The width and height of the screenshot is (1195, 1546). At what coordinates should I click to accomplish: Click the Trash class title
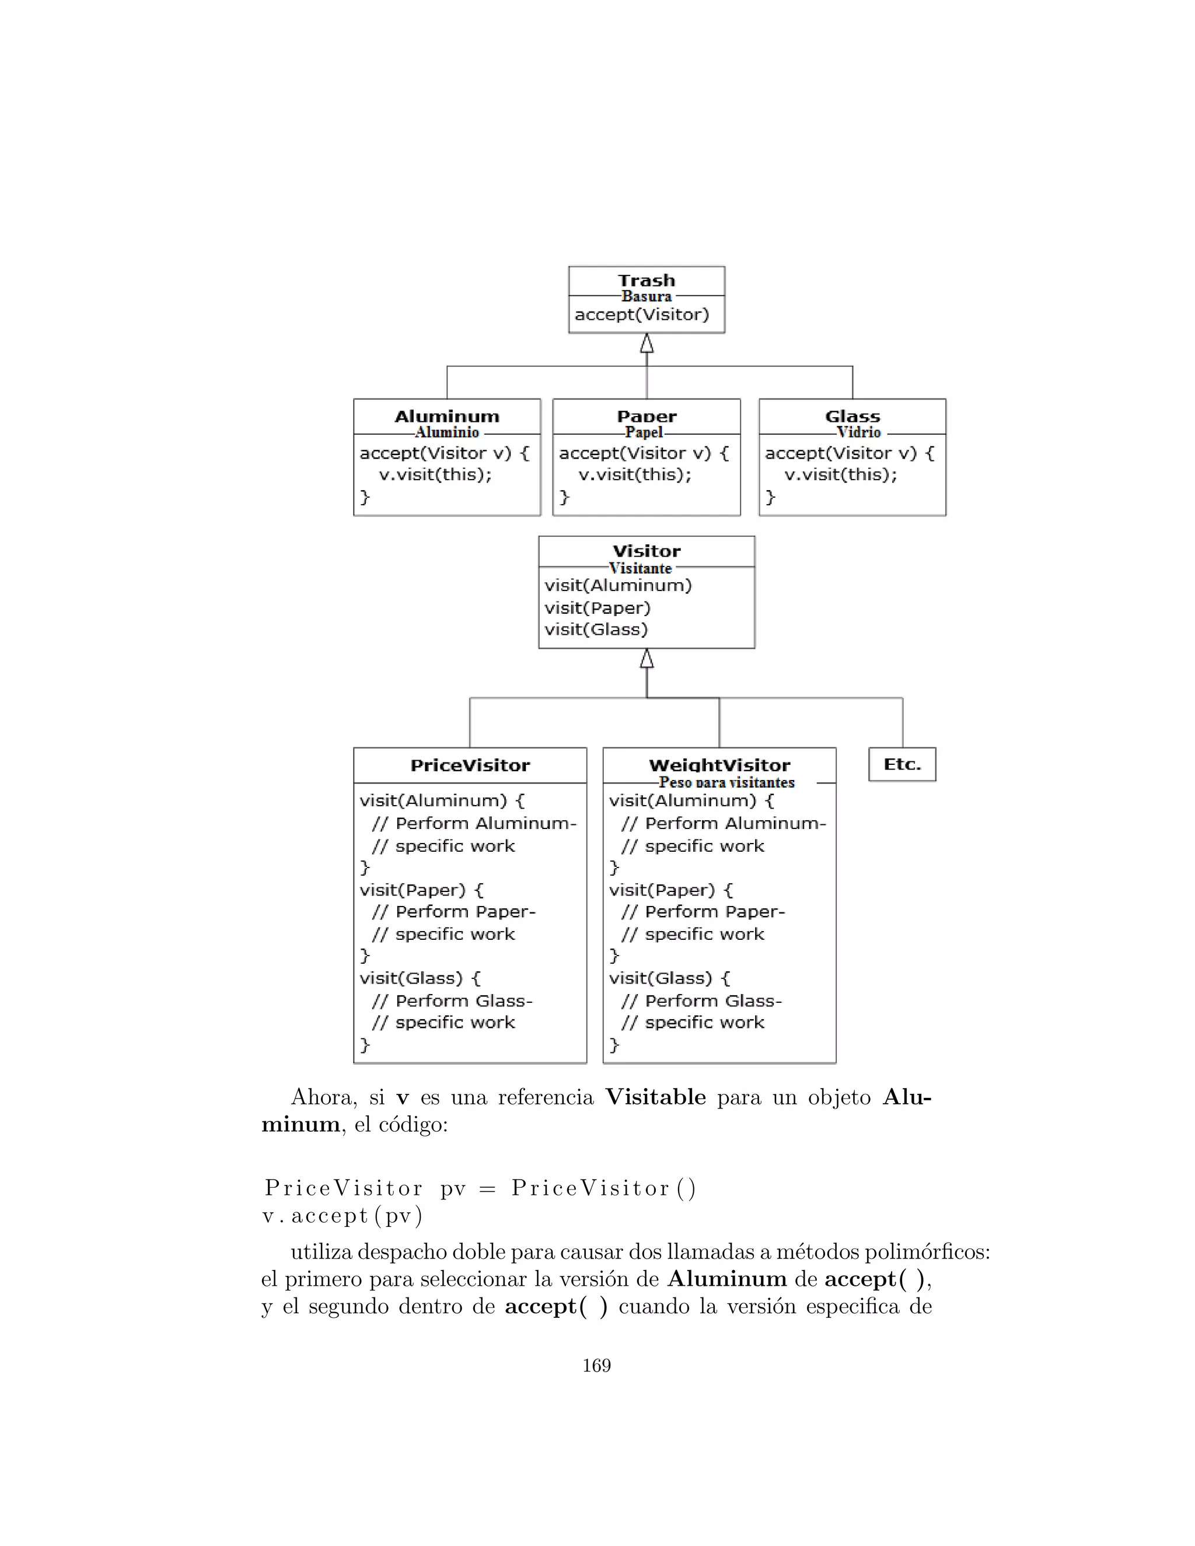click(x=647, y=280)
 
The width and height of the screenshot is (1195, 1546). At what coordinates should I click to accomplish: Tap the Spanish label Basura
click(x=647, y=296)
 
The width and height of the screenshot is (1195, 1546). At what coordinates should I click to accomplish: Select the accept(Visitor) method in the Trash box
click(x=641, y=315)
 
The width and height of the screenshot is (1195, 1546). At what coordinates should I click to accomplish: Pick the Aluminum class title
click(x=447, y=416)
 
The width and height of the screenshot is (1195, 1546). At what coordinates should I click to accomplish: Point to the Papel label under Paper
click(x=644, y=432)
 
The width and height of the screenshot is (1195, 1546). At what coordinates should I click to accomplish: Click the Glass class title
click(x=852, y=416)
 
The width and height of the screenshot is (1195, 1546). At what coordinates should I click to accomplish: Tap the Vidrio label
click(x=859, y=432)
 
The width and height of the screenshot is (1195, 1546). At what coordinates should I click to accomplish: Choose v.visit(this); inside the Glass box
click(x=840, y=474)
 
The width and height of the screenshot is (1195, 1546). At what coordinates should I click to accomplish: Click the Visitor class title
click(x=647, y=551)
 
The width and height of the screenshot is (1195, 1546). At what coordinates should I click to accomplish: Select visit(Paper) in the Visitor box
click(x=597, y=607)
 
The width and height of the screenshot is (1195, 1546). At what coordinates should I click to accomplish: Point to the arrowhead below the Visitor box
click(x=647, y=659)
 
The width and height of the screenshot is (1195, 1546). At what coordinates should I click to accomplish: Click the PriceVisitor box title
click(x=470, y=765)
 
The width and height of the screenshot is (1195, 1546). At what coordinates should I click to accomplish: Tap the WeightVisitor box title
click(x=719, y=765)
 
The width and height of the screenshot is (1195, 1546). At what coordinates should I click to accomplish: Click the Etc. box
click(x=902, y=764)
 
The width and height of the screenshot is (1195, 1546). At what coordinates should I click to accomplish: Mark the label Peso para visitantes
click(x=726, y=782)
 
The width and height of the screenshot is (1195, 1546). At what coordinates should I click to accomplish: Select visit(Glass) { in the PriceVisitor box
click(x=420, y=978)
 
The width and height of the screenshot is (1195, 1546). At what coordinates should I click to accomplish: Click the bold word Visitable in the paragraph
click(x=655, y=1097)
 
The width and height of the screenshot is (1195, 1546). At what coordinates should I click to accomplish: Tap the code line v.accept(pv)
click(x=343, y=1216)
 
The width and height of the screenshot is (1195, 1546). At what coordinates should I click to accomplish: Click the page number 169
click(x=596, y=1366)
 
